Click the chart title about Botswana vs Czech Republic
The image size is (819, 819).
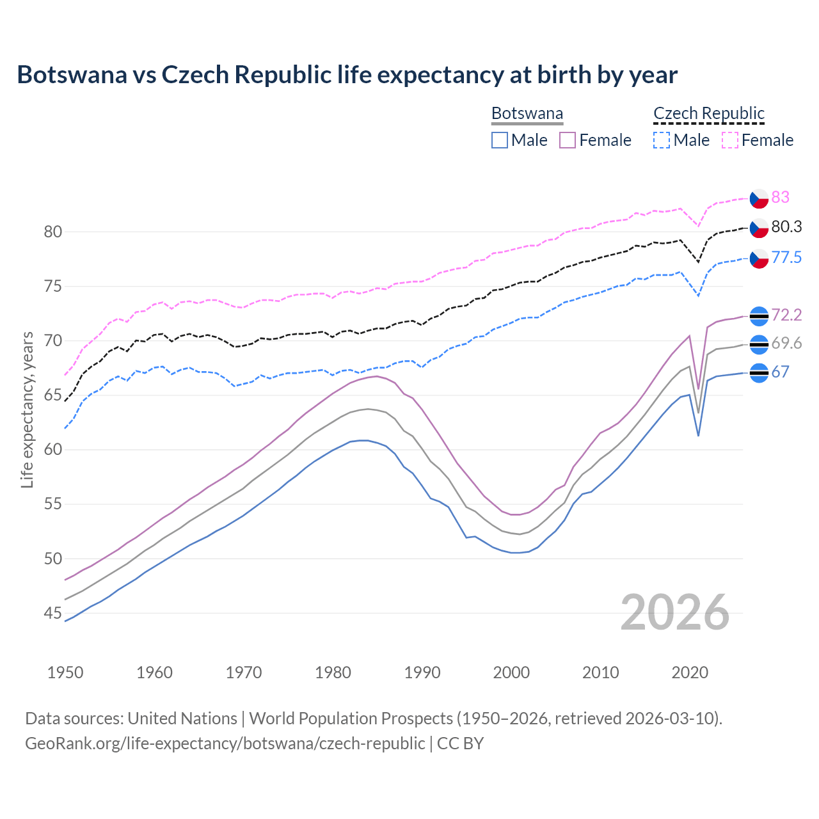(x=347, y=75)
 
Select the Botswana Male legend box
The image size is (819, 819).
(x=500, y=140)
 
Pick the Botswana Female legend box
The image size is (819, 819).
(x=568, y=140)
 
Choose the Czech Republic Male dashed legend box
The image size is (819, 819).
(x=662, y=140)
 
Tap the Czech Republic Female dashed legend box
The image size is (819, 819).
(x=730, y=140)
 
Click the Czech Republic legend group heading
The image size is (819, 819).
(x=709, y=113)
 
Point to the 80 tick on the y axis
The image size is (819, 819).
(x=53, y=232)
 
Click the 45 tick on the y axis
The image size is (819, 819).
(x=53, y=614)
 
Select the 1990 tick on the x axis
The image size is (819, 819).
(x=422, y=672)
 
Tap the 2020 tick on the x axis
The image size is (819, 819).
(x=690, y=672)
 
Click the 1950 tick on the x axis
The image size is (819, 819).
(x=66, y=672)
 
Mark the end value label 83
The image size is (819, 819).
(x=780, y=197)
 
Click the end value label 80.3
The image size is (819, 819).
(x=786, y=227)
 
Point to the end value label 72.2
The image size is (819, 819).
(x=786, y=315)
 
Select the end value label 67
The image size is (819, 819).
(x=780, y=372)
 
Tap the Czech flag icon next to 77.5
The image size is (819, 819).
(x=759, y=258)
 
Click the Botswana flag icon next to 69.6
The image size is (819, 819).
(x=759, y=344)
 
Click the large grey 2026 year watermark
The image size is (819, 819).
(x=675, y=612)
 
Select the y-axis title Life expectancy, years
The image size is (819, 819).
(x=27, y=409)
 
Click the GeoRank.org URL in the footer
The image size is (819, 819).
(x=225, y=743)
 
